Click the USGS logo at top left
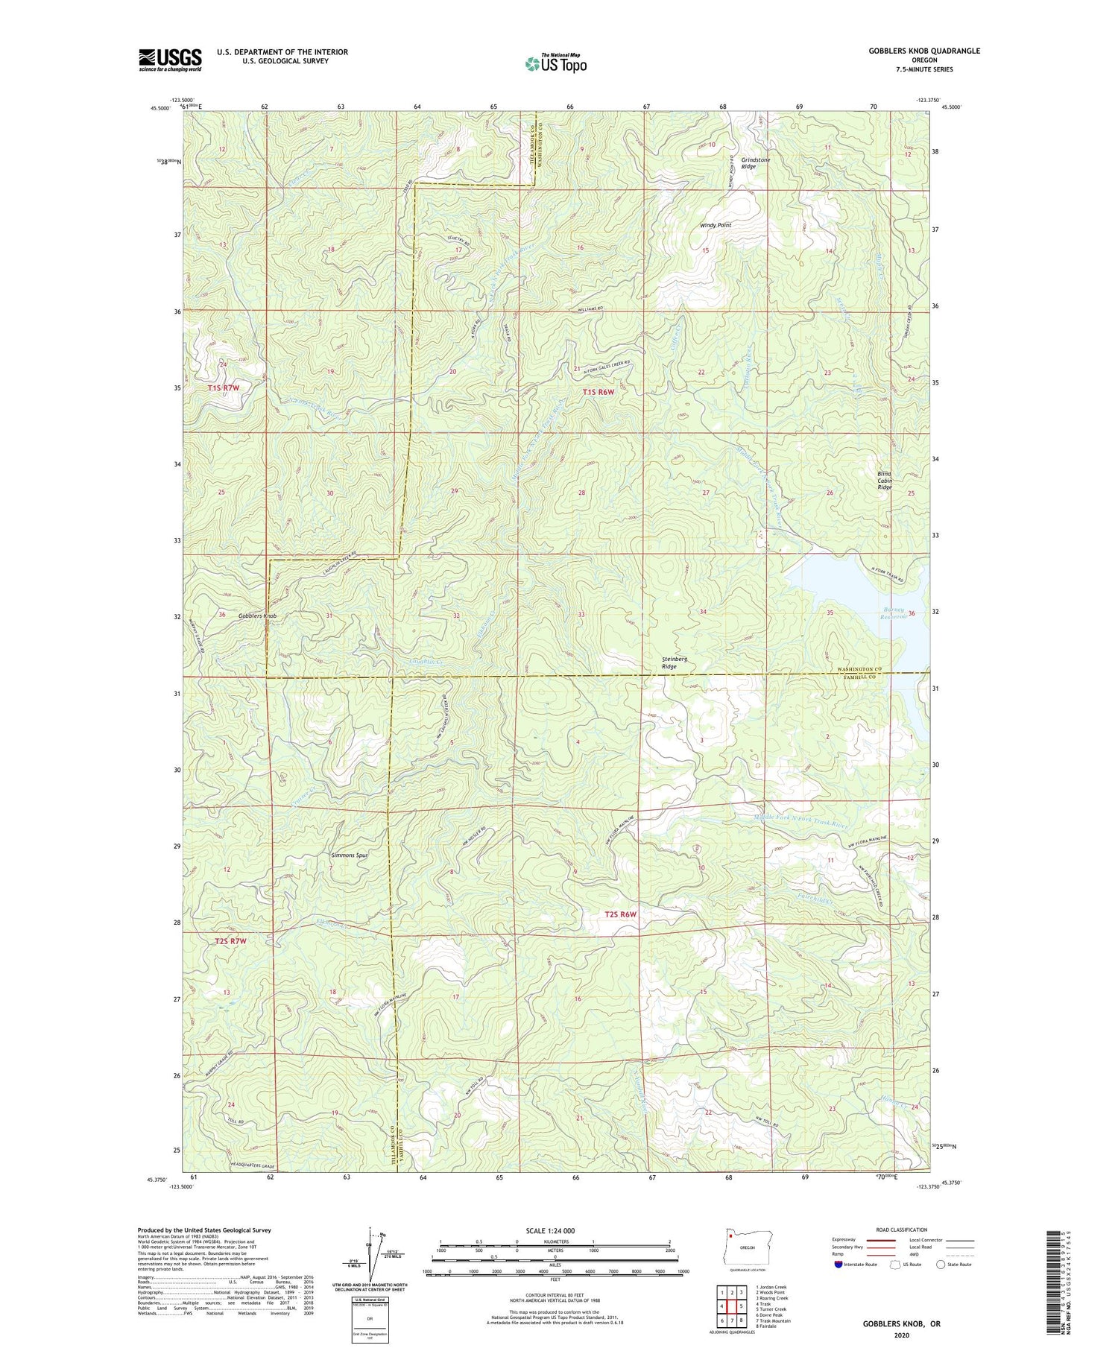(170, 60)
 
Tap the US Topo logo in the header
(555, 64)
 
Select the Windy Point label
(715, 225)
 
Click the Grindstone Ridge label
(755, 163)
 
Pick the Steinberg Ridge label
(674, 662)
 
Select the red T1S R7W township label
(224, 388)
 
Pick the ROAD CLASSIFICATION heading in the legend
(902, 1230)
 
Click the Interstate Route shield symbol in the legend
(838, 1264)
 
